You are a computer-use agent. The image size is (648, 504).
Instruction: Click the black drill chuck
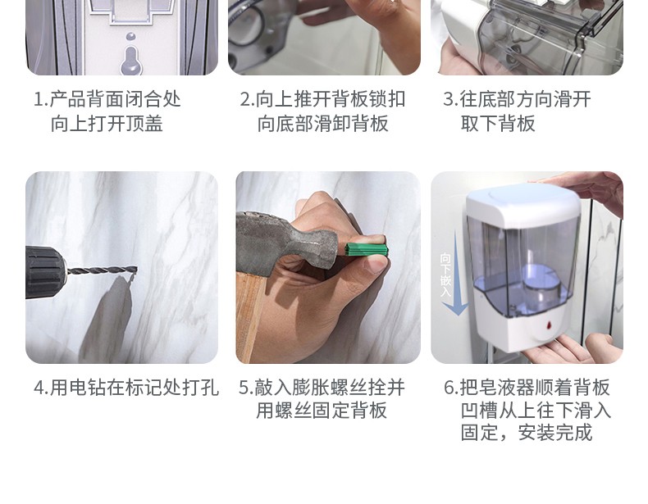(x=45, y=272)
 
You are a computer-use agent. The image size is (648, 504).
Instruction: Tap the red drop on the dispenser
(x=549, y=325)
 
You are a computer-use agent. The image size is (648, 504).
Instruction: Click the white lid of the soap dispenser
(x=524, y=202)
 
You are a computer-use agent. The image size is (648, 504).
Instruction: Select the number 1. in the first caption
(x=41, y=99)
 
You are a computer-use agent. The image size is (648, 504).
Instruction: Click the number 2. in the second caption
(x=247, y=99)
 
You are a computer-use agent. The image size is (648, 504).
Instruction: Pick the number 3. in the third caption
(x=450, y=99)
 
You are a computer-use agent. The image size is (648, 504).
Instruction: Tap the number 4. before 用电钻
(x=41, y=388)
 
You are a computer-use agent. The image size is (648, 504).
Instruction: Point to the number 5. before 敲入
(x=246, y=388)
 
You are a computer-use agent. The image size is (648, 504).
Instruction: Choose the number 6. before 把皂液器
(x=451, y=388)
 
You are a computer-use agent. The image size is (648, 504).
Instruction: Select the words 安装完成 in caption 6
(x=555, y=433)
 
